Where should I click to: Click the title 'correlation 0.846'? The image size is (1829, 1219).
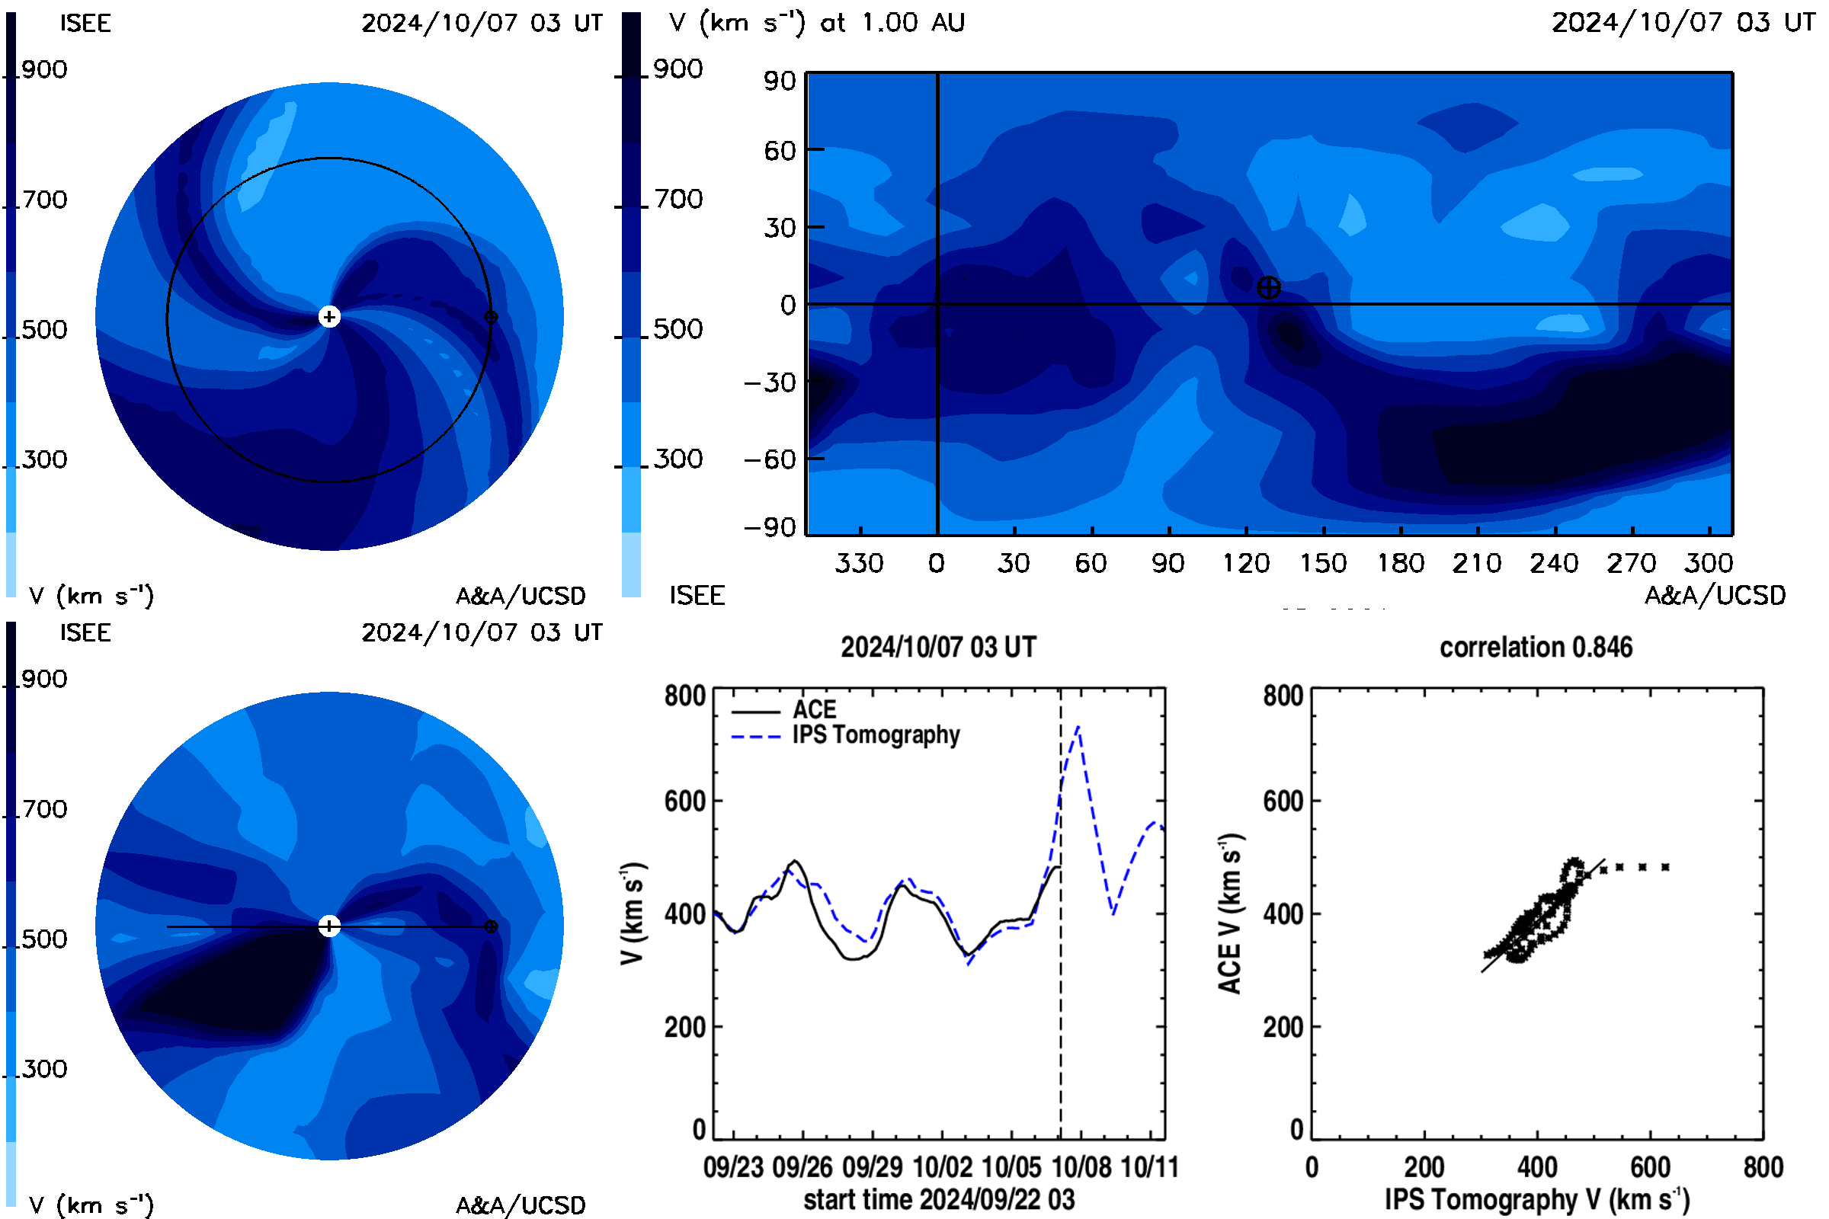coord(1535,648)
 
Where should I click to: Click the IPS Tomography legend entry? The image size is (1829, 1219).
coord(845,735)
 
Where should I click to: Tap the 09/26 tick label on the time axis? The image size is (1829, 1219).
coord(802,1168)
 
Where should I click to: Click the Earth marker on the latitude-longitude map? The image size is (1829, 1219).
coord(1268,288)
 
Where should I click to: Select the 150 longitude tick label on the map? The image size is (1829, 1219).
coord(1323,563)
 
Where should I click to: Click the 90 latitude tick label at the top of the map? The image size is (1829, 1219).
coord(779,81)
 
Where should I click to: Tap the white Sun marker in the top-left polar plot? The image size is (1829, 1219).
coord(330,317)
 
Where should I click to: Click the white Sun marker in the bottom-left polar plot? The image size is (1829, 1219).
coord(330,926)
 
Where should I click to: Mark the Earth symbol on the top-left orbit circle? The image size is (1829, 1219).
coord(491,317)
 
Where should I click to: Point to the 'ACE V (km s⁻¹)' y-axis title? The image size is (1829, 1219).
coord(1230,914)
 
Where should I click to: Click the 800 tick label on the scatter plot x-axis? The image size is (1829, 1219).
coord(1763,1168)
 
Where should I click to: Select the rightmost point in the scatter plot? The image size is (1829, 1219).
coord(1665,868)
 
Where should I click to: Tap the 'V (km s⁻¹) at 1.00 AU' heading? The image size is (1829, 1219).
coord(816,23)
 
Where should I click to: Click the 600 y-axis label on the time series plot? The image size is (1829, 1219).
coord(684,801)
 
